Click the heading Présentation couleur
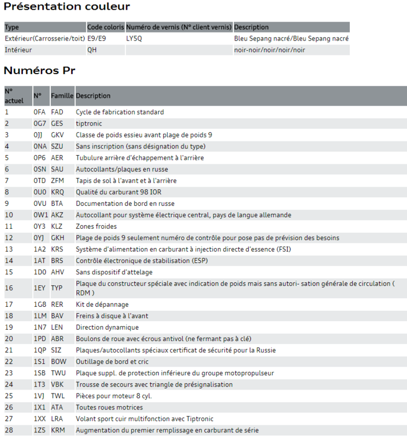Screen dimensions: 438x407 tap(67, 7)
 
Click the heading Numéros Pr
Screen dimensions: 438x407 tap(39, 71)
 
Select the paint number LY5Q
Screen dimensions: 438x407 tap(135, 39)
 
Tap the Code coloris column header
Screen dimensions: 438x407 tap(105, 27)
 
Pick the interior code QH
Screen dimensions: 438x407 tap(92, 50)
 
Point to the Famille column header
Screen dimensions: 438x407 tap(62, 96)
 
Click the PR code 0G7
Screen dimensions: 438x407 tap(39, 124)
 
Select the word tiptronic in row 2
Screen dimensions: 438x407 tap(88, 124)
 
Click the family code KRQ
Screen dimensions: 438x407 tap(58, 192)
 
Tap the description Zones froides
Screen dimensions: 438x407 tap(97, 226)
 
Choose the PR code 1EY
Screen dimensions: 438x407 tap(39, 289)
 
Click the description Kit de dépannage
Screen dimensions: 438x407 tap(102, 305)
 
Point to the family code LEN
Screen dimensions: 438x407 tap(57, 327)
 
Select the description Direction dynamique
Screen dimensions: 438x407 tap(107, 327)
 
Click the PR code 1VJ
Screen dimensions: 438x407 tap(39, 396)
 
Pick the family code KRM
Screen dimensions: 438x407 tap(58, 430)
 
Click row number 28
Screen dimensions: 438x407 tap(9, 430)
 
